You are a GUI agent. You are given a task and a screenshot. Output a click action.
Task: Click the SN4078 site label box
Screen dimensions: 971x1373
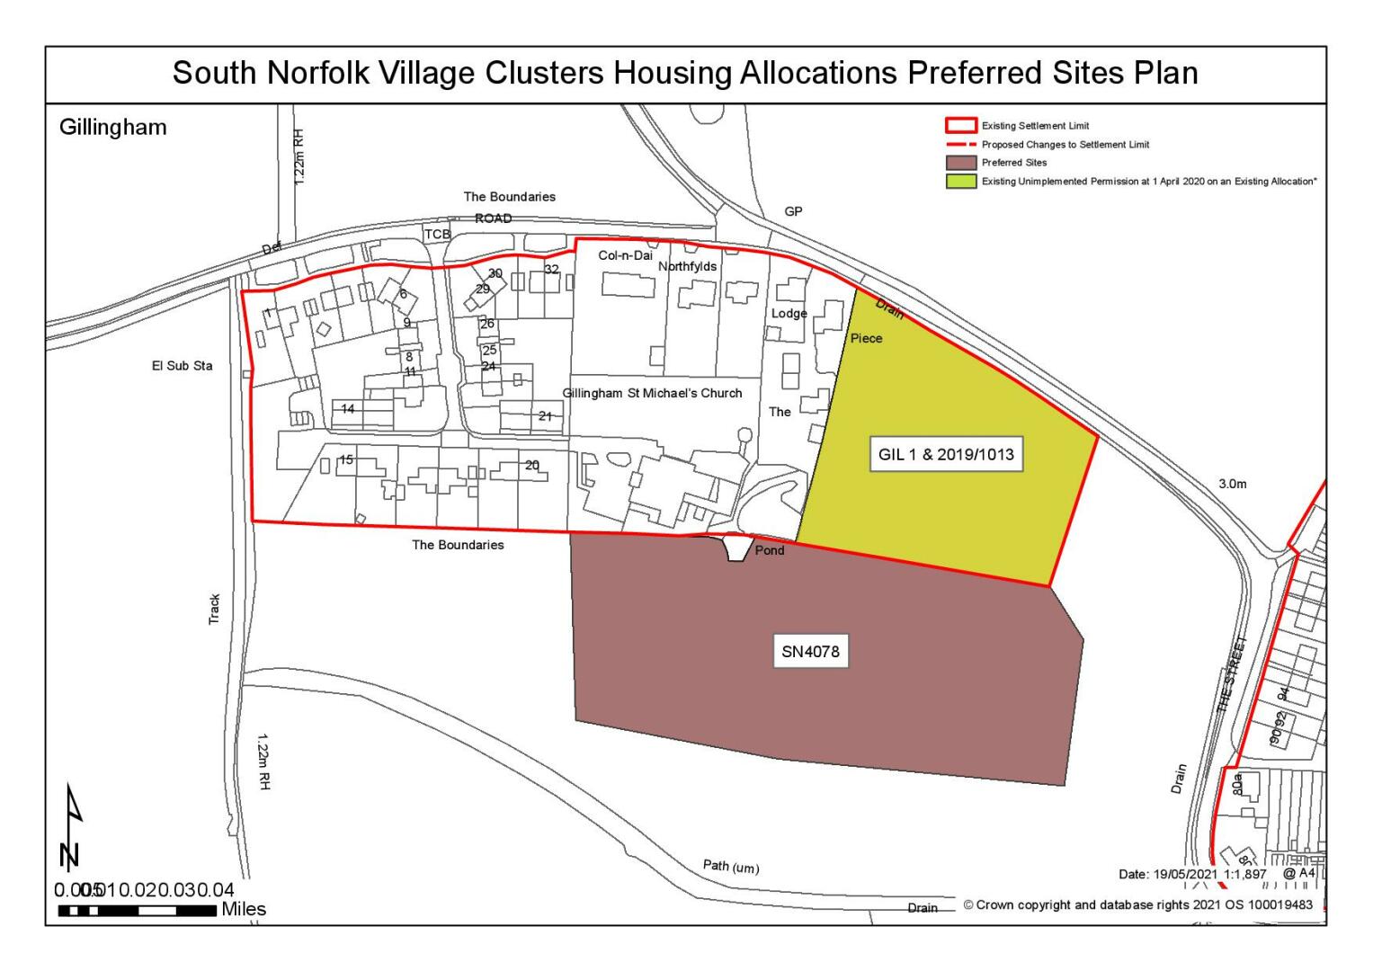tap(811, 651)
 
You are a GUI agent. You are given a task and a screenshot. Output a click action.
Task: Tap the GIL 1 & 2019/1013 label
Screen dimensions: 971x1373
tap(946, 454)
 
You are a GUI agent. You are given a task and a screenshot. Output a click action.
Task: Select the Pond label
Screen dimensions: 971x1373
tap(770, 550)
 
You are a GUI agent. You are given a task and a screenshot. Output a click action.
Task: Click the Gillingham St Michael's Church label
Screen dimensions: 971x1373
tap(652, 393)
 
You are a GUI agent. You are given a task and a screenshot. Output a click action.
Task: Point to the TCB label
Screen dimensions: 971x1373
tap(437, 234)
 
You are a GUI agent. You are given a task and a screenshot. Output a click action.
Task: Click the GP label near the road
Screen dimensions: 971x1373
tap(793, 211)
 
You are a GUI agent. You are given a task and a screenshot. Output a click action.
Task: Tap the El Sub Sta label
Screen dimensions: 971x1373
tap(183, 366)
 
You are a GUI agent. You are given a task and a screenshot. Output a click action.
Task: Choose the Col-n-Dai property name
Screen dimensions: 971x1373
tap(625, 255)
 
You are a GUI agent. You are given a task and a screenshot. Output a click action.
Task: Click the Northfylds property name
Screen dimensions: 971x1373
tap(688, 266)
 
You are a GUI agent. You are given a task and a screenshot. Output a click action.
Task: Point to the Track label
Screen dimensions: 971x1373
tap(214, 610)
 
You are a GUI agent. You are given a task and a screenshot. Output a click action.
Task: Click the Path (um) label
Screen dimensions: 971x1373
tap(730, 866)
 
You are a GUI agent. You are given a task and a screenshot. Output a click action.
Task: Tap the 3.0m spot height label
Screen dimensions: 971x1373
tap(1233, 484)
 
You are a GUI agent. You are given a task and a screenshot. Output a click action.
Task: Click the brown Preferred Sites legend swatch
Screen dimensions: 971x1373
tap(960, 163)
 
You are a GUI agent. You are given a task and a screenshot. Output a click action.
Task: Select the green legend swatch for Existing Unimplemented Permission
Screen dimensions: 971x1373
tap(960, 181)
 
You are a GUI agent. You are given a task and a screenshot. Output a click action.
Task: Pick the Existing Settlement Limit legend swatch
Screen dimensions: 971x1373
tap(960, 126)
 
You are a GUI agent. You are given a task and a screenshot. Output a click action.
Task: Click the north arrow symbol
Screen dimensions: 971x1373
tap(71, 827)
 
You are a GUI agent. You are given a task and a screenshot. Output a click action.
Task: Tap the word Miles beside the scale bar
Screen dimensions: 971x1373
tap(244, 909)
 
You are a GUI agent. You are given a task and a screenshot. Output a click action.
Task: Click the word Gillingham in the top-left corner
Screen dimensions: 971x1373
tap(113, 127)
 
